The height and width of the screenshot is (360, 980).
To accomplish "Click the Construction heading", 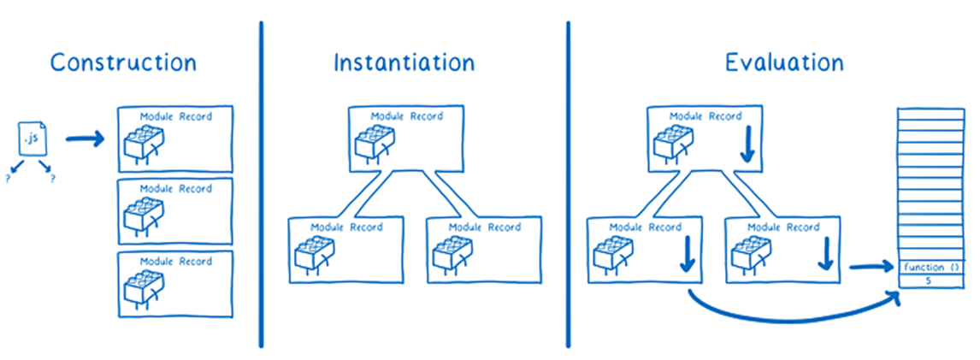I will (123, 62).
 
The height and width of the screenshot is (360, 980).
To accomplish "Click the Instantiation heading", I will (404, 62).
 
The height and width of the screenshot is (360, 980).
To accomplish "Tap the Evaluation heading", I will (783, 62).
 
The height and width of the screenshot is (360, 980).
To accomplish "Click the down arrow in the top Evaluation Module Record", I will (746, 147).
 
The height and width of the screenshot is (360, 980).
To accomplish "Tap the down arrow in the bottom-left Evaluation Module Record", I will (686, 257).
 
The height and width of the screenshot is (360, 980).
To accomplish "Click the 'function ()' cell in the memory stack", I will (930, 268).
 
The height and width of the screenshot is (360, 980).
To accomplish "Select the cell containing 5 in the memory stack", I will (930, 280).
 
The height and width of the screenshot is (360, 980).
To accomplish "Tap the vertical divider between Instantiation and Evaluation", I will (568, 184).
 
